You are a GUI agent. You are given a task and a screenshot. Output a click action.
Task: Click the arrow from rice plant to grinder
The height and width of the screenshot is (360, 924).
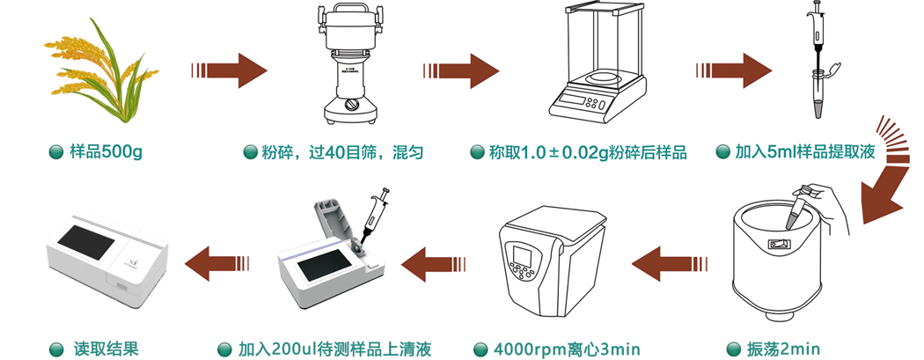click(229, 70)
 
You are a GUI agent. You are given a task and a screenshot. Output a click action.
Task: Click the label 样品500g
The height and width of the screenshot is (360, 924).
click(106, 152)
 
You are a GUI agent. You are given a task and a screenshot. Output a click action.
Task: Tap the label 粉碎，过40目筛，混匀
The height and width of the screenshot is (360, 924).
click(342, 152)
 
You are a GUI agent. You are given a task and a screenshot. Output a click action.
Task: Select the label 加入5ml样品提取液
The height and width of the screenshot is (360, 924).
click(805, 152)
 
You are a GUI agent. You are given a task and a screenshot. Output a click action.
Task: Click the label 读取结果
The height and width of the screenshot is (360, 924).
click(106, 349)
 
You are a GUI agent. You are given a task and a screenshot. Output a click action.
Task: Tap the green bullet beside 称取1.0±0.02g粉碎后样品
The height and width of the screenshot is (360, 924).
click(477, 152)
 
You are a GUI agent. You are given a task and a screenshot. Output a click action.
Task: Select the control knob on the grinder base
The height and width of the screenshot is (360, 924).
click(352, 106)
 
